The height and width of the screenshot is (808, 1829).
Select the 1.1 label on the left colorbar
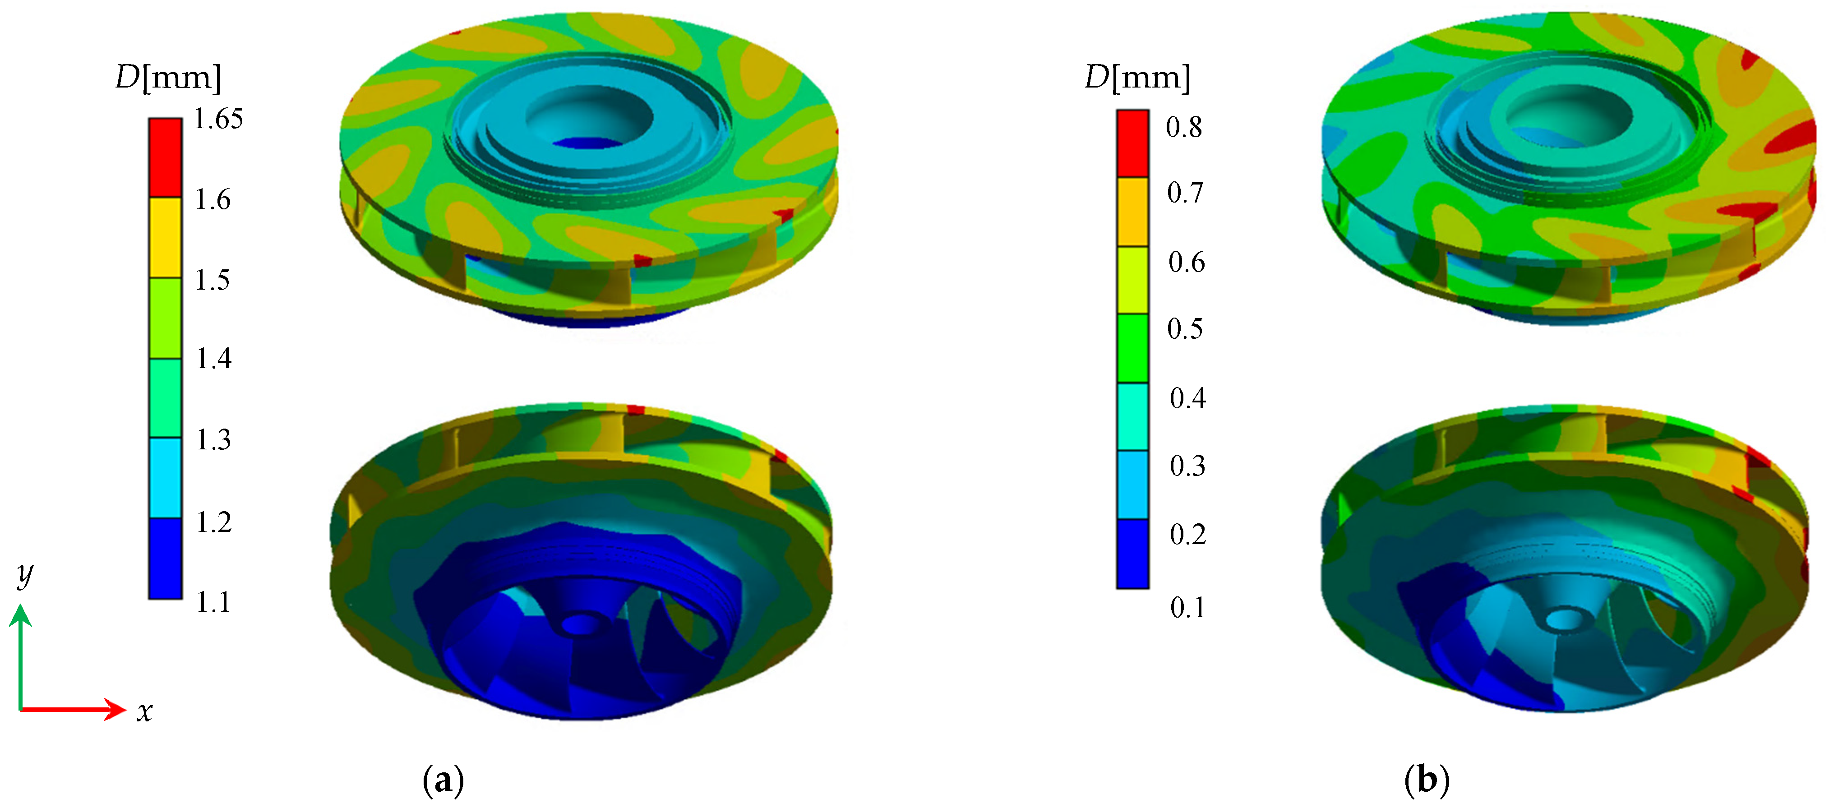coord(213,602)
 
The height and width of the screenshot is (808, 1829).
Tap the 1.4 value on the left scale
coord(214,359)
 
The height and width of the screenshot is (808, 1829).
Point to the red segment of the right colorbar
coord(1132,143)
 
